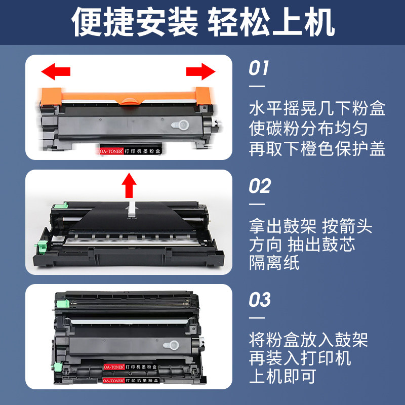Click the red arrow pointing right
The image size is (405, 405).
click(x=200, y=72)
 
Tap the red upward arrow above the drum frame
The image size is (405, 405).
click(x=130, y=186)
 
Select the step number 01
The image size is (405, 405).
click(x=259, y=68)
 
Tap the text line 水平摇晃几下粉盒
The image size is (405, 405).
click(x=317, y=109)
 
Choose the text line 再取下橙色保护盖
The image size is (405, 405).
click(x=317, y=149)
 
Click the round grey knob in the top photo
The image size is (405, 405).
click(x=179, y=124)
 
